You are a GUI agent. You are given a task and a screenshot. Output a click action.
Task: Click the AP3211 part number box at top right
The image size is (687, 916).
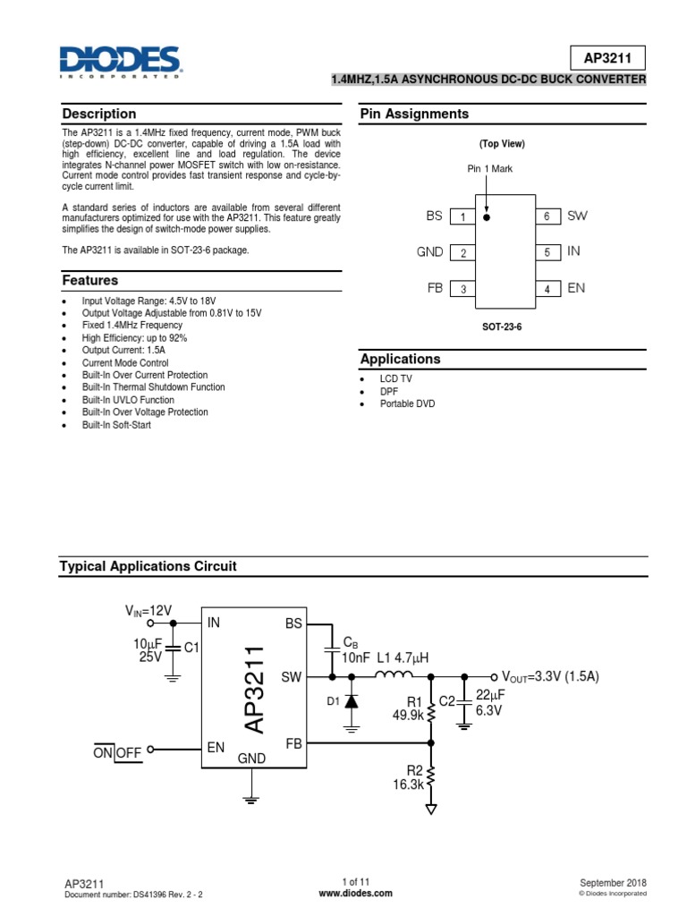[607, 58]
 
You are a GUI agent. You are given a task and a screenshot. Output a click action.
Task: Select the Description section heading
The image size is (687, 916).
[98, 114]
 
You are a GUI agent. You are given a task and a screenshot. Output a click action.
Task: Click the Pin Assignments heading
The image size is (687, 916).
[414, 114]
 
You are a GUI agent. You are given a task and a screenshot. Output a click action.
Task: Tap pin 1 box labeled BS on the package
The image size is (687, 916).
[462, 216]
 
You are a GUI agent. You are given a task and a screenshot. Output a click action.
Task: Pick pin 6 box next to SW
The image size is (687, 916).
[547, 216]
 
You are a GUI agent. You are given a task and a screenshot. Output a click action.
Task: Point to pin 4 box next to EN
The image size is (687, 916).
[547, 289]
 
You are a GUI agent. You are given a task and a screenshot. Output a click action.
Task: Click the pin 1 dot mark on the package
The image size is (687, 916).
[487, 216]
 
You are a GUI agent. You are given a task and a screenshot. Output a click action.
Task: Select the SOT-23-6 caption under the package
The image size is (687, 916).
[502, 327]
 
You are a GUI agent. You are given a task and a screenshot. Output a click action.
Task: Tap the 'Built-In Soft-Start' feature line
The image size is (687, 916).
[116, 425]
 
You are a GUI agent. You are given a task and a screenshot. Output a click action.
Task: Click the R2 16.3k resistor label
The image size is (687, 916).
[409, 776]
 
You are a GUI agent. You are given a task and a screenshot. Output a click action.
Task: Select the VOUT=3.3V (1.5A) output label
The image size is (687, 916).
[549, 677]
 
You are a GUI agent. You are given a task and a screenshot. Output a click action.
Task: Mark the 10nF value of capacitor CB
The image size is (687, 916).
[356, 657]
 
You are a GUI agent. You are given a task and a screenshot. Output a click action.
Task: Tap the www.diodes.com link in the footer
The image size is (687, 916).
[343, 893]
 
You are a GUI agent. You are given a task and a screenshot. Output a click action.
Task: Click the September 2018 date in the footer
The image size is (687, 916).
[613, 882]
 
